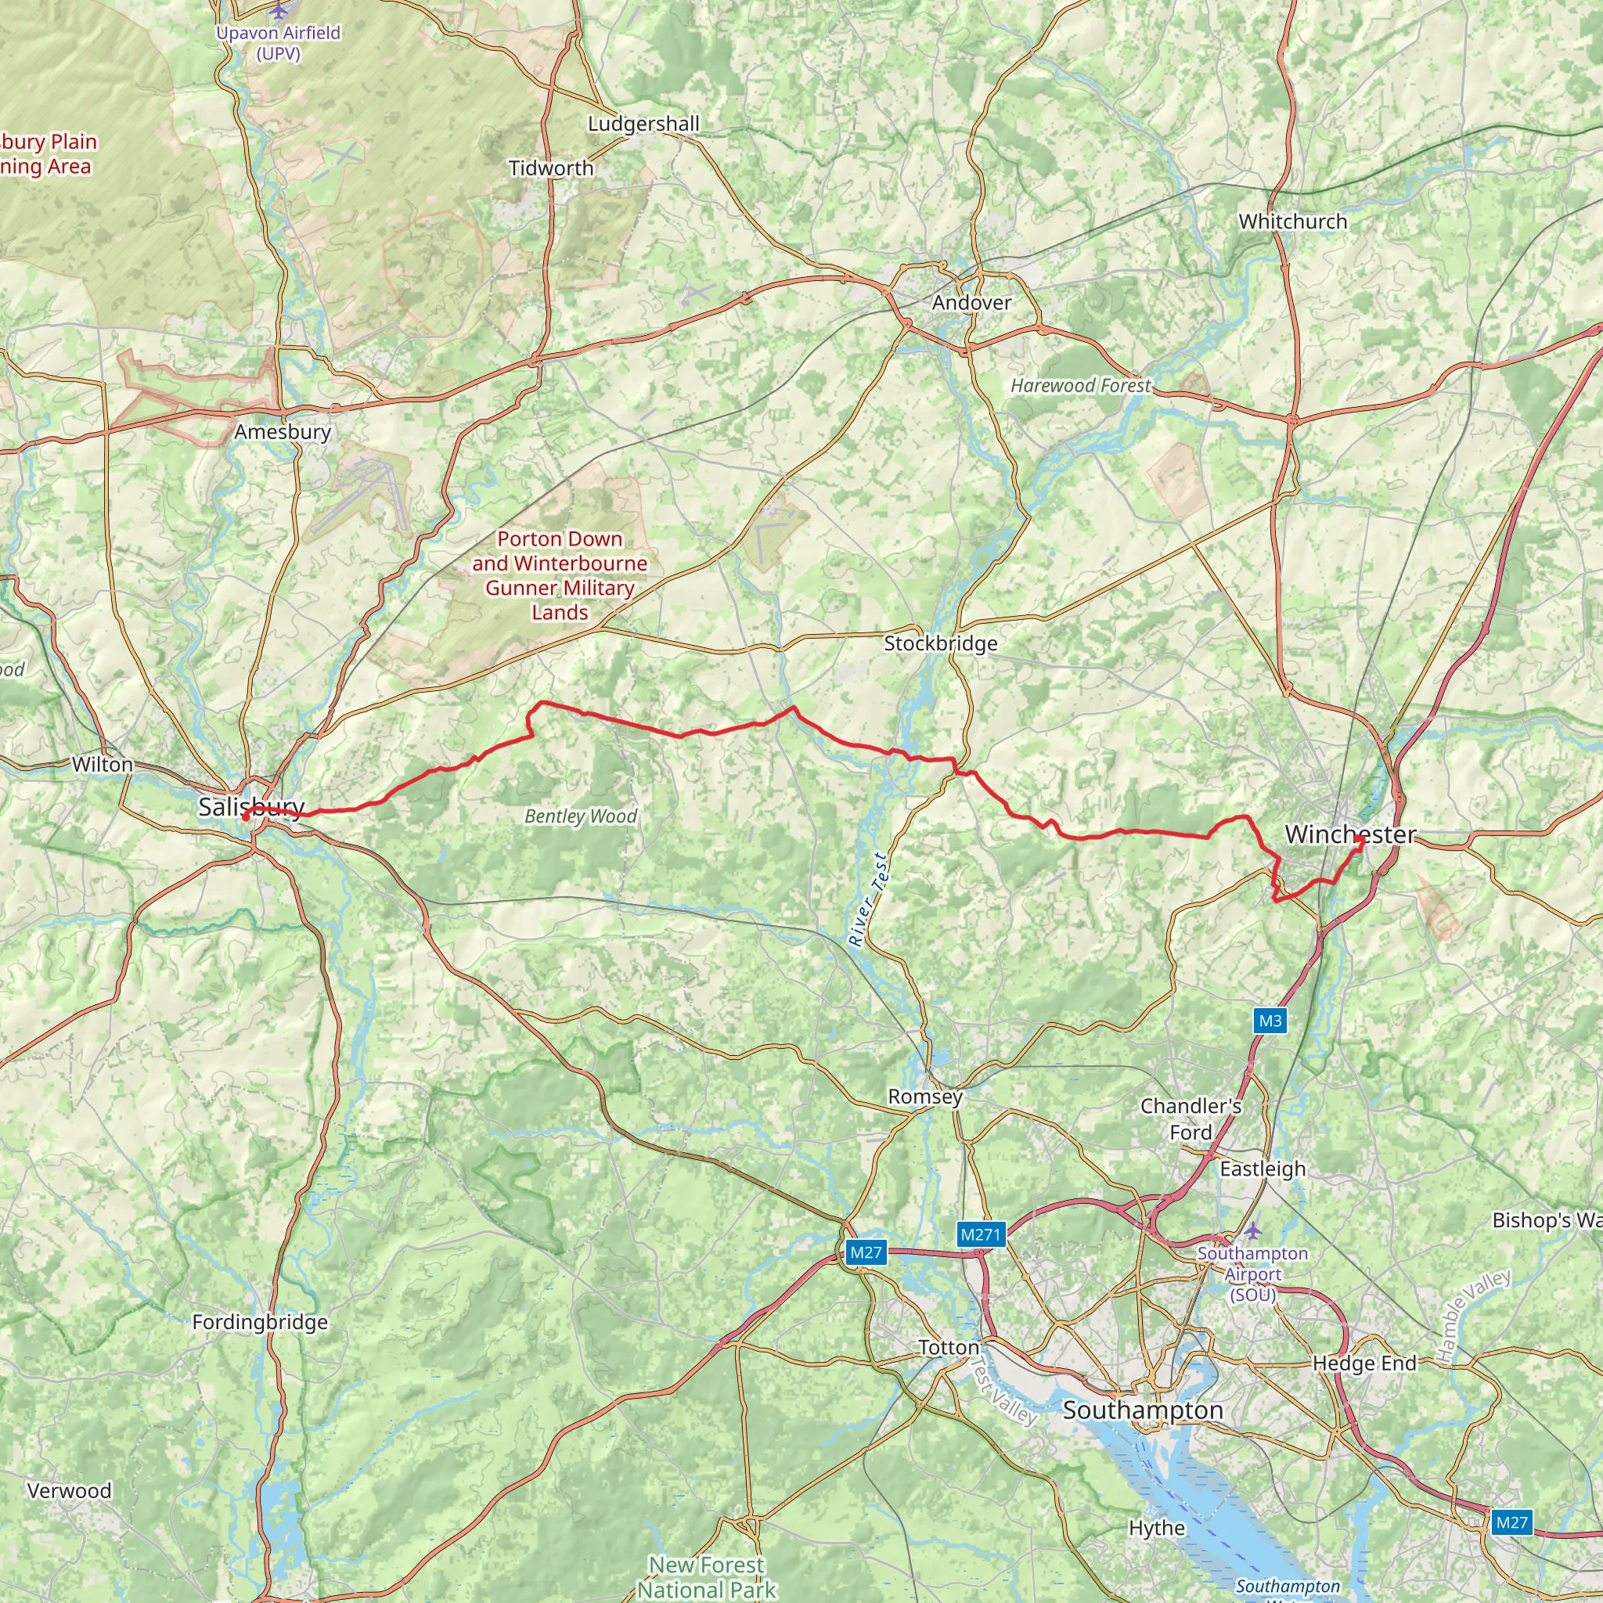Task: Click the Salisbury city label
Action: point(251,806)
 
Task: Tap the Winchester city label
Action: point(1350,834)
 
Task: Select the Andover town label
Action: point(971,303)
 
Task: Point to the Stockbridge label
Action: point(940,643)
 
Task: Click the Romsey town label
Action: point(925,1096)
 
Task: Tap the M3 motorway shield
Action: point(1270,1021)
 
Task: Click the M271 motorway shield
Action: point(982,1234)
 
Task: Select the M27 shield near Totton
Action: point(866,1252)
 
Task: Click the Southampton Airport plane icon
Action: point(1252,1230)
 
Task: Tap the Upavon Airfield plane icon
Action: point(279,11)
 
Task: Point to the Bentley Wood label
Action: point(580,816)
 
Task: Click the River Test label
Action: point(869,900)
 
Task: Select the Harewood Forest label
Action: point(1080,386)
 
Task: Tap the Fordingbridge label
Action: point(260,1322)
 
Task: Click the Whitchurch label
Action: point(1293,222)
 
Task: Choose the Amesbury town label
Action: point(282,431)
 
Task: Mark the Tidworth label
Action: point(551,168)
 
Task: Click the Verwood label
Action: point(69,1490)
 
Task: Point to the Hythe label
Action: point(1156,1528)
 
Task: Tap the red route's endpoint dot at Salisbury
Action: point(246,817)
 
